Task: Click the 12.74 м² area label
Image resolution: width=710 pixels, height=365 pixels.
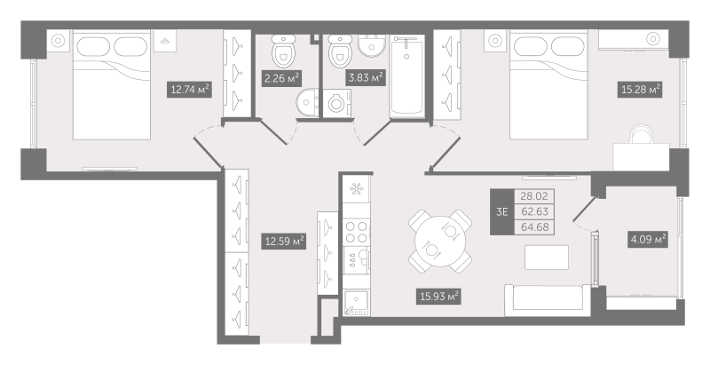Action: click(x=190, y=89)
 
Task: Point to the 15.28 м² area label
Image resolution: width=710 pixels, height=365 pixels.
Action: click(x=641, y=89)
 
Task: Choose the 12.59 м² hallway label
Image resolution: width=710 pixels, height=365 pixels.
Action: click(x=284, y=240)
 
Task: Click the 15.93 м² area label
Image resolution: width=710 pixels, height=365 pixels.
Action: click(x=438, y=296)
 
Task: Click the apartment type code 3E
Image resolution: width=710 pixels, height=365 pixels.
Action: click(x=502, y=211)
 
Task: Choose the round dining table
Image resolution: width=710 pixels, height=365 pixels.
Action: click(x=440, y=239)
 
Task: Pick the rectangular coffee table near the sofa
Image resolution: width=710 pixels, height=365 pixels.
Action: click(x=547, y=256)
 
